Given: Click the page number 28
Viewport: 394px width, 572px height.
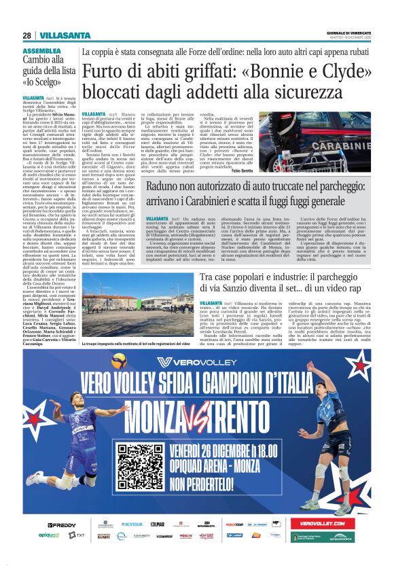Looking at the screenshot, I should [x=26, y=35].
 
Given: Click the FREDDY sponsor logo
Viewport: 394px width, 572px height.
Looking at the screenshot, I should [x=62, y=525].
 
